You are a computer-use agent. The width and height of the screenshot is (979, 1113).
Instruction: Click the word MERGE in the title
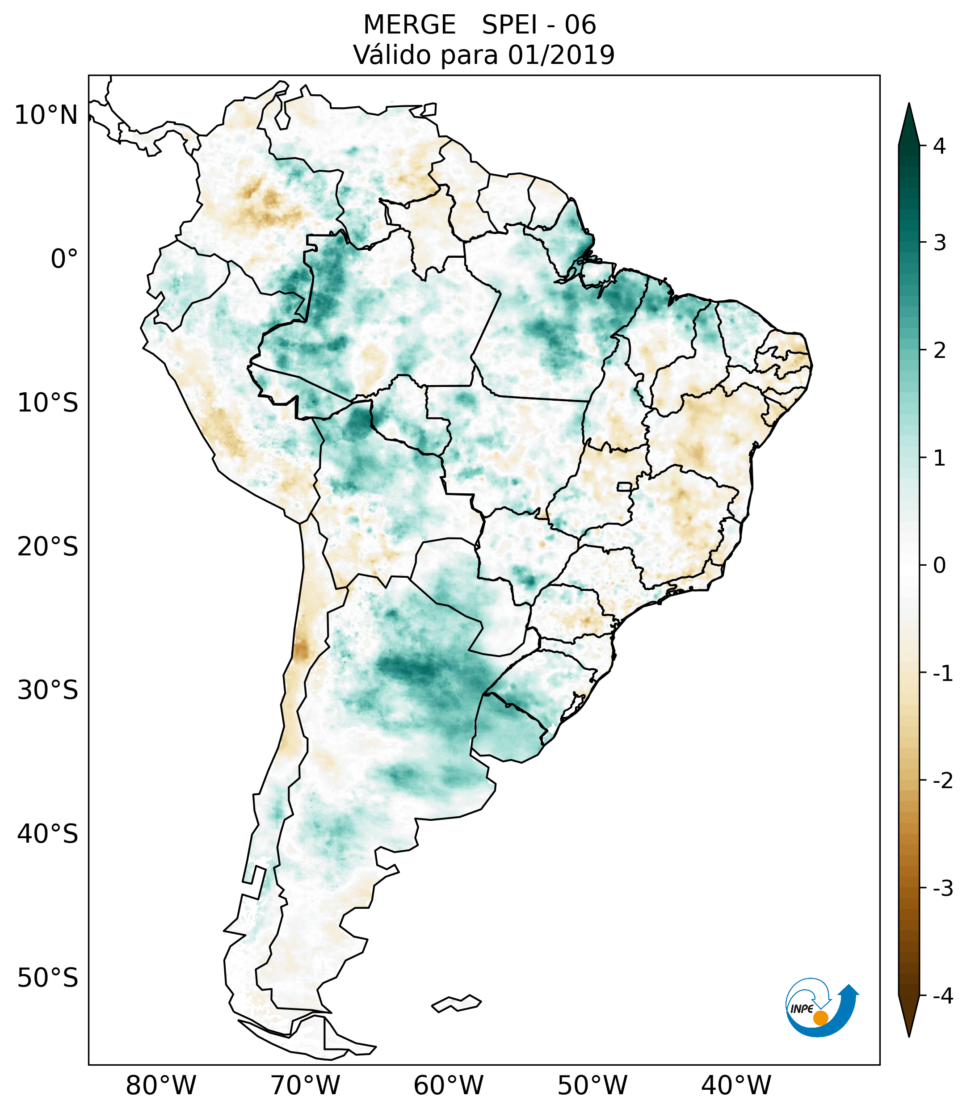pyautogui.click(x=409, y=25)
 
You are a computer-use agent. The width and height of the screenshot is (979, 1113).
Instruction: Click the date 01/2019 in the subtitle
pyautogui.click(x=561, y=55)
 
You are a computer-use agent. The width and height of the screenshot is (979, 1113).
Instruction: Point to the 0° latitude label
pyautogui.click(x=64, y=259)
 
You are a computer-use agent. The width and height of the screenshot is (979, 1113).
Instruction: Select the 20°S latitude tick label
pyautogui.click(x=48, y=547)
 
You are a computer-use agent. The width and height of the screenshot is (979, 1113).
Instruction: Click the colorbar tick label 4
pyautogui.click(x=939, y=146)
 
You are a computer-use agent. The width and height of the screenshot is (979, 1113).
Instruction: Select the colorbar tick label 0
pyautogui.click(x=939, y=566)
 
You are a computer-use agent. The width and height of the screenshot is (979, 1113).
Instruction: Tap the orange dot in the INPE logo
pyautogui.click(x=820, y=1018)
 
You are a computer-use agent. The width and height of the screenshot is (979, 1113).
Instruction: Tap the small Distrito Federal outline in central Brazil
pyautogui.click(x=625, y=486)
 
